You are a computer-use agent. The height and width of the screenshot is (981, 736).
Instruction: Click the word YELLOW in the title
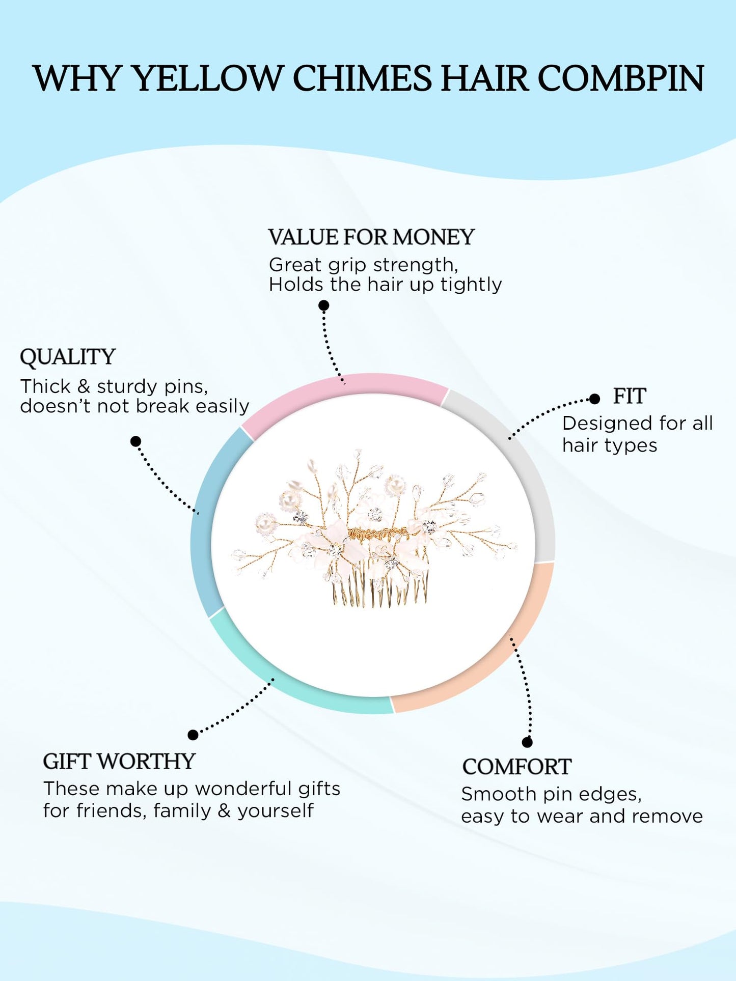point(207,79)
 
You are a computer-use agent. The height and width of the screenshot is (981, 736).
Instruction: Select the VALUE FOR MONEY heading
point(371,237)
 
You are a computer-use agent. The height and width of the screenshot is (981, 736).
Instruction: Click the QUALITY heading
point(68,357)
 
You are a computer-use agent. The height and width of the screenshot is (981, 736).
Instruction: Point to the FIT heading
point(630,396)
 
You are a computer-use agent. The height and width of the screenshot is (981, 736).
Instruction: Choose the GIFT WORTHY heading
point(119,762)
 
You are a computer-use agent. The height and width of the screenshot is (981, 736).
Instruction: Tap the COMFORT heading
point(516,767)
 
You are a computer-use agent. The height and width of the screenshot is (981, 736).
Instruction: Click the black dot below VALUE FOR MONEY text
point(324,305)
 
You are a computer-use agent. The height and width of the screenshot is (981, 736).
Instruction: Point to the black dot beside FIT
point(594,399)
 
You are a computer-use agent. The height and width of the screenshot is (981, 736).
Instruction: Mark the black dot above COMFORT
point(528,742)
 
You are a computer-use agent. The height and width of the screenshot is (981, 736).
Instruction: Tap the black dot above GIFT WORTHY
point(193,735)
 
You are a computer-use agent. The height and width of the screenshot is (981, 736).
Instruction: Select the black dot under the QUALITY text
point(136,441)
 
